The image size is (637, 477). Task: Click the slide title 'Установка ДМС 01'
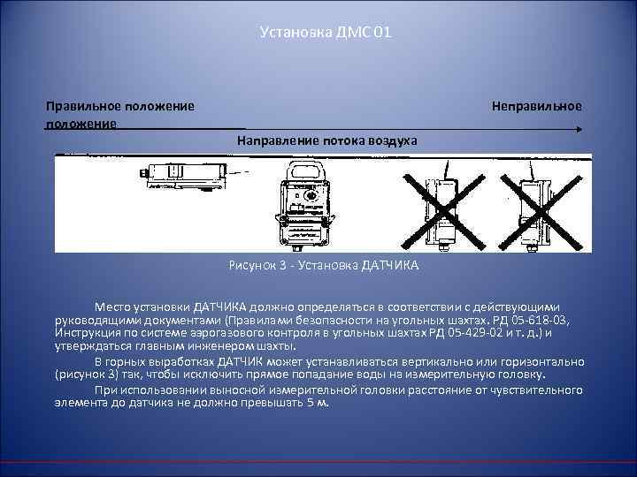click(x=319, y=33)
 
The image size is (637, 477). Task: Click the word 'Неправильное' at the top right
click(x=537, y=106)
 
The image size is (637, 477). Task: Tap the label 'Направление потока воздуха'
click(x=327, y=141)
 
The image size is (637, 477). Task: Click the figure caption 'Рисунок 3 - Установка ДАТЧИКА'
click(x=322, y=265)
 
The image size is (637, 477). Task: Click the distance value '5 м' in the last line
click(x=319, y=403)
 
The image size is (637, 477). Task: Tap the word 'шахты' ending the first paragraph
click(x=278, y=347)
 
